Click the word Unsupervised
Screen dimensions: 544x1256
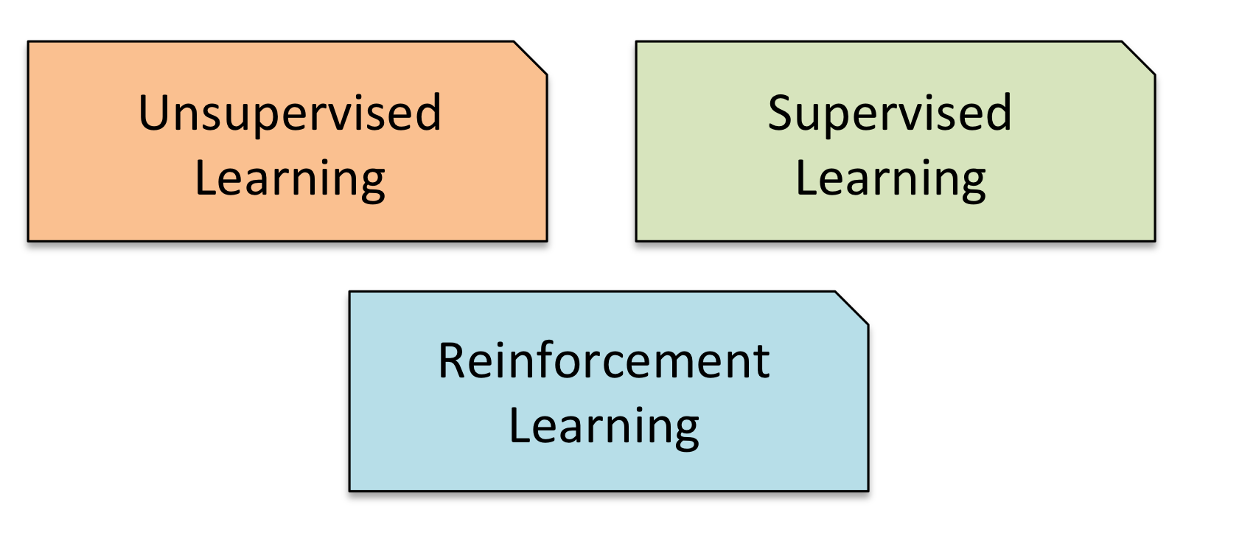point(290,114)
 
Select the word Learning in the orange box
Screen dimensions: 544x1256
point(290,180)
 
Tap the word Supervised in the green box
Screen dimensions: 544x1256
point(890,114)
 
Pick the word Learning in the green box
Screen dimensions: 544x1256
point(890,180)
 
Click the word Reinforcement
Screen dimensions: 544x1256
point(604,361)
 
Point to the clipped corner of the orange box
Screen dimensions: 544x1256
point(530,57)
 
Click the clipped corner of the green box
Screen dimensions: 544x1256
point(1138,57)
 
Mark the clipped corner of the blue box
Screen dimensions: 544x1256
point(851,307)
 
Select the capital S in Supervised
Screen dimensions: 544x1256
point(782,114)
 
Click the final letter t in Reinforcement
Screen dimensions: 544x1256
point(762,363)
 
